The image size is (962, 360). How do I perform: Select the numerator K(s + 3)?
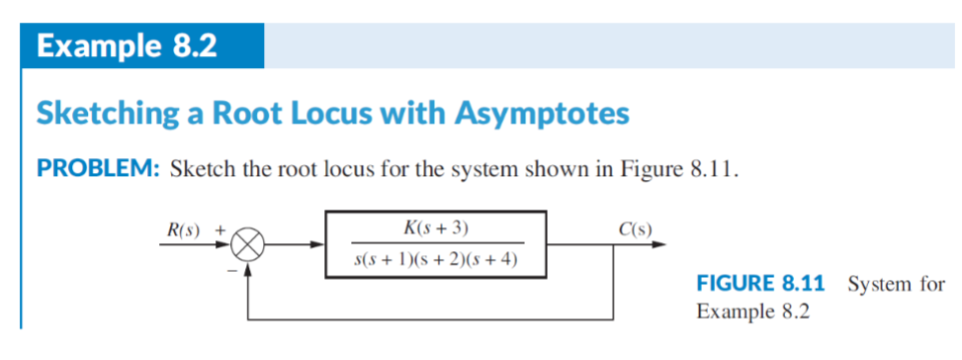click(x=436, y=228)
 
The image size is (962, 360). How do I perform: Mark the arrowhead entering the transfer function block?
click(x=319, y=244)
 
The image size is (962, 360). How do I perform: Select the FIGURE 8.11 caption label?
click(x=760, y=285)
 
